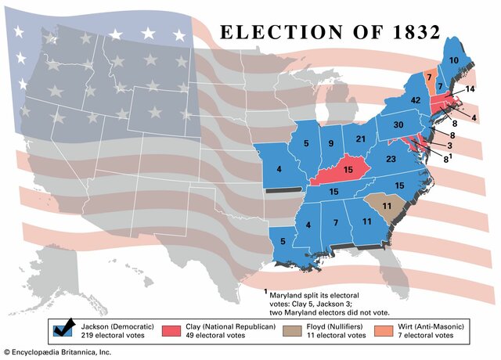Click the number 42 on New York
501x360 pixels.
[x=416, y=99]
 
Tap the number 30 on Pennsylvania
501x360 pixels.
[x=398, y=124]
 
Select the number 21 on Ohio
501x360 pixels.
[x=361, y=139]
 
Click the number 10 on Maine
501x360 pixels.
[x=453, y=59]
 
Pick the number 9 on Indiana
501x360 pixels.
[x=331, y=143]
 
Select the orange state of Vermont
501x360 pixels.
[x=430, y=81]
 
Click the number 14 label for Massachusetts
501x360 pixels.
[x=469, y=90]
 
